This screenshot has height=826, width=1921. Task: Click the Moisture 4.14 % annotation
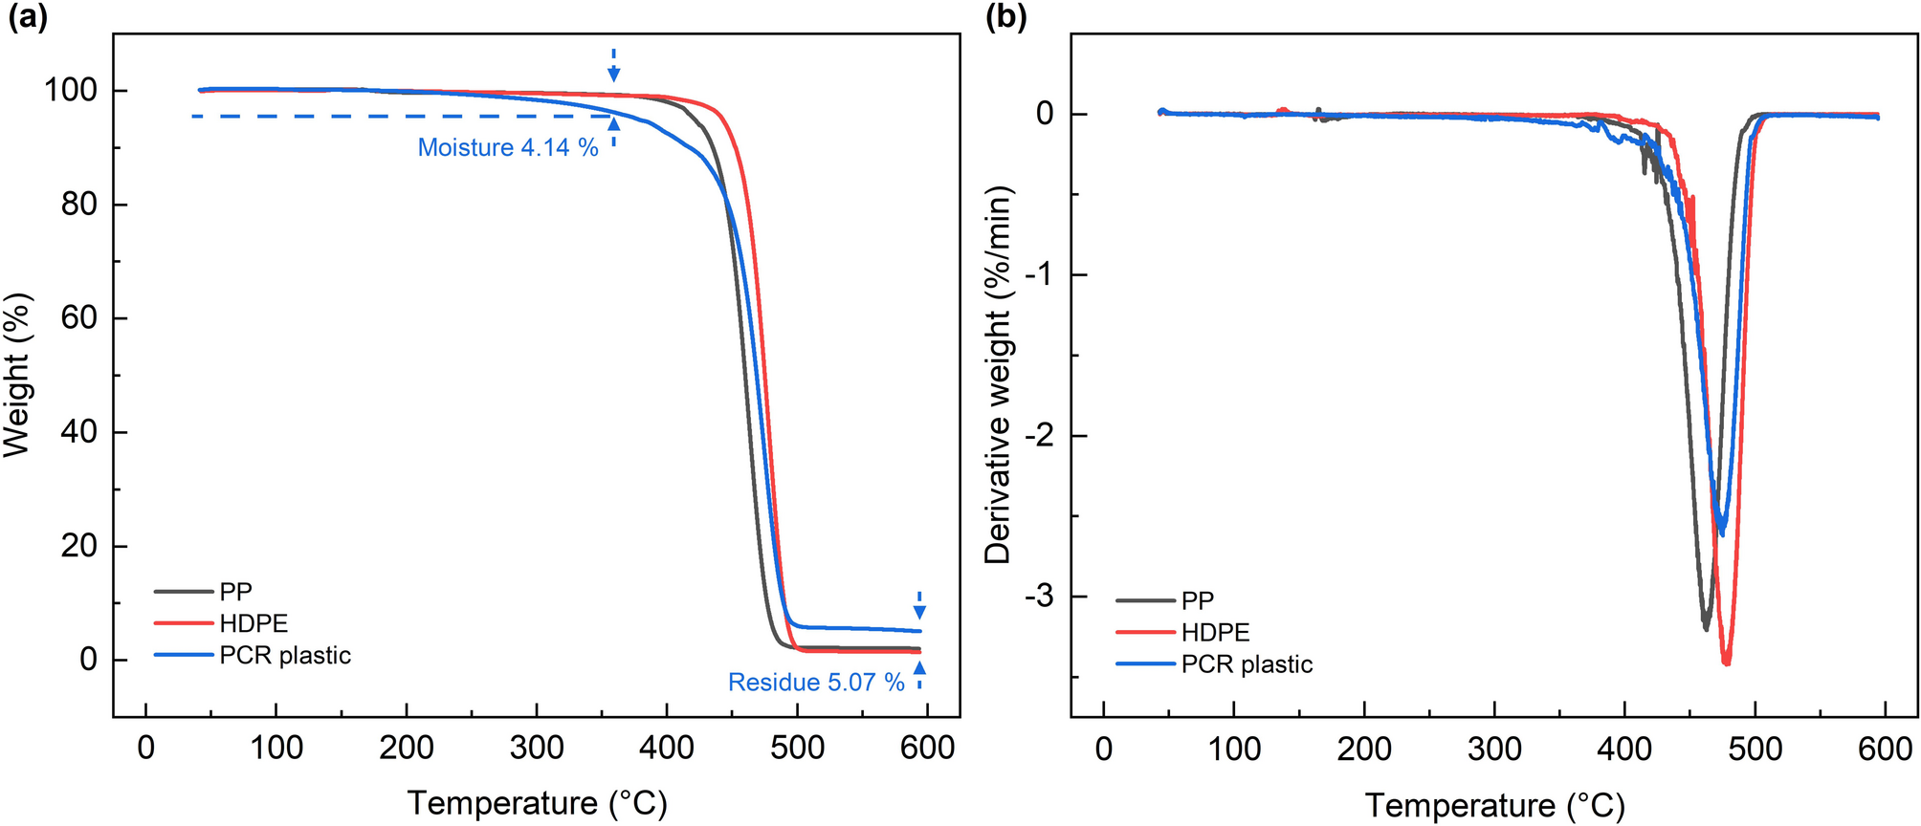(507, 147)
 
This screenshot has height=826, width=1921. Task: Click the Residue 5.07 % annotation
(815, 682)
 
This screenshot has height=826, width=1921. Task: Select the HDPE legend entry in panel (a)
(253, 623)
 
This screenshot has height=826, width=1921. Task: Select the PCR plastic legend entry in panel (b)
(1246, 664)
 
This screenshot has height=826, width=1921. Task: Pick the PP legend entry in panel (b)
(1197, 600)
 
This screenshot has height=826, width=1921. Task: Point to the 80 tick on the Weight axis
(78, 204)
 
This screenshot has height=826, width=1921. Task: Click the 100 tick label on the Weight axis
(71, 90)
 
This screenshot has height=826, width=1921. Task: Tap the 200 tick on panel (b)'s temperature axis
(1364, 749)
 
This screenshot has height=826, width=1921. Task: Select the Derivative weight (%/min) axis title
(998, 375)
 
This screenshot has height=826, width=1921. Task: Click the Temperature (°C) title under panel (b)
(1494, 805)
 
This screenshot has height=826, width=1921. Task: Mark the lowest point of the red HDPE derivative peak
(1726, 663)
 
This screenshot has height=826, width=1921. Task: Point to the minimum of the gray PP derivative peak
(1706, 628)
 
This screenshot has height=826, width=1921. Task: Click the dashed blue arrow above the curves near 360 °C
(614, 65)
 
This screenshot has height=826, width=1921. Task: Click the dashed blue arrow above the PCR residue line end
(919, 605)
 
